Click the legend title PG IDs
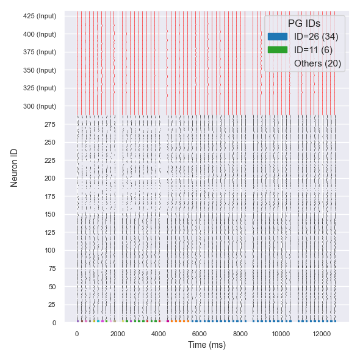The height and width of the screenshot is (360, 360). pos(304,23)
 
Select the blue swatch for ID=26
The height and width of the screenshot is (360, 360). pos(277,37)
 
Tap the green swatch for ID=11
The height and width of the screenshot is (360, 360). pos(277,50)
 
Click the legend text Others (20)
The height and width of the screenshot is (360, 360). pos(317,63)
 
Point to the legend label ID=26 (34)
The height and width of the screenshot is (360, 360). pos(316,37)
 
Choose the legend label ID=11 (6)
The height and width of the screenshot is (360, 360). pos(313,50)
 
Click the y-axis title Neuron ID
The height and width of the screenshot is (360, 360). pos(15,167)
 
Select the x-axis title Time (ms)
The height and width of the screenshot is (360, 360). pos(206,345)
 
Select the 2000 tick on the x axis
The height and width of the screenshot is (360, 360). pos(118,334)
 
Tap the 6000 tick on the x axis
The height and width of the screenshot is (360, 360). pos(200,334)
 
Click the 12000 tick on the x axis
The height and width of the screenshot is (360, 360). pos(322,334)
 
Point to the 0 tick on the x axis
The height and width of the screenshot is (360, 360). pos(77,334)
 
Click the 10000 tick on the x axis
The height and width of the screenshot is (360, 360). pos(281,334)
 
